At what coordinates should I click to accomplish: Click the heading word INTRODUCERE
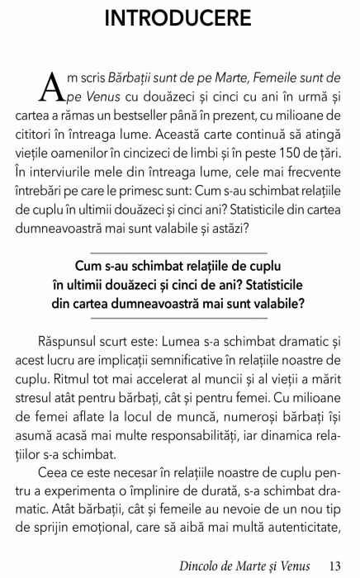[179, 17]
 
